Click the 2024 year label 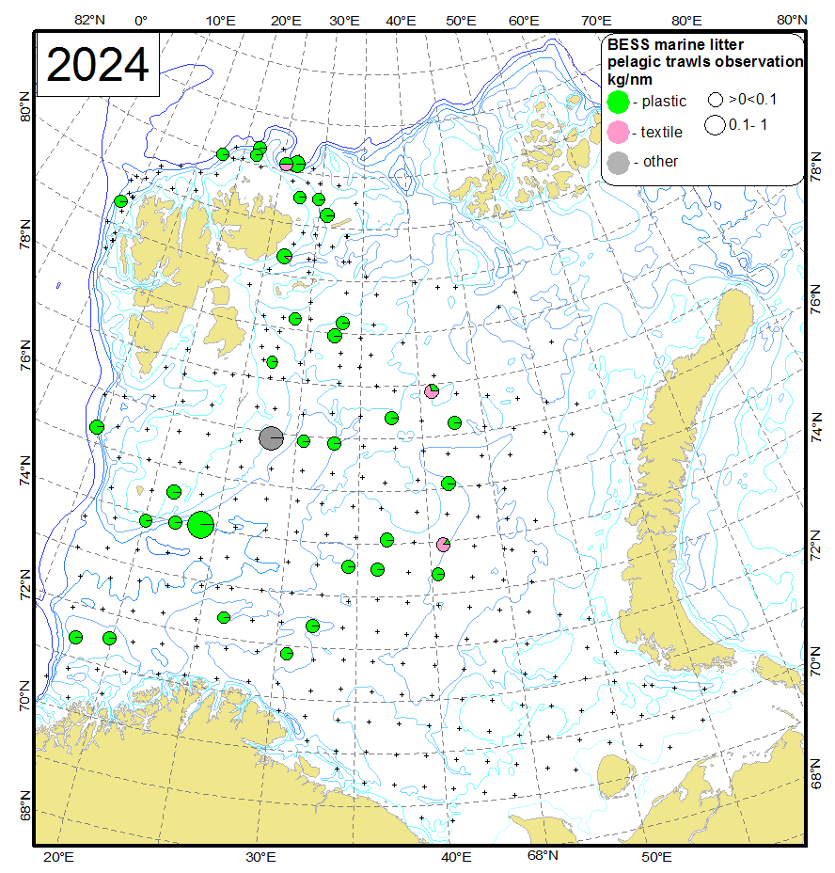point(98,65)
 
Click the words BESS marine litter point(674,45)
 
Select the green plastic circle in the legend point(619,101)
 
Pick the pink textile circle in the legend point(619,132)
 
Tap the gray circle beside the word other point(619,162)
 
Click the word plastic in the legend point(664,102)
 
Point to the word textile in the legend point(662,133)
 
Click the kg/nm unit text point(629,79)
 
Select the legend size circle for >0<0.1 point(716,98)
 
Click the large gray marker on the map point(271,437)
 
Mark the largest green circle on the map point(200,524)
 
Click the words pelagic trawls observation point(705,62)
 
